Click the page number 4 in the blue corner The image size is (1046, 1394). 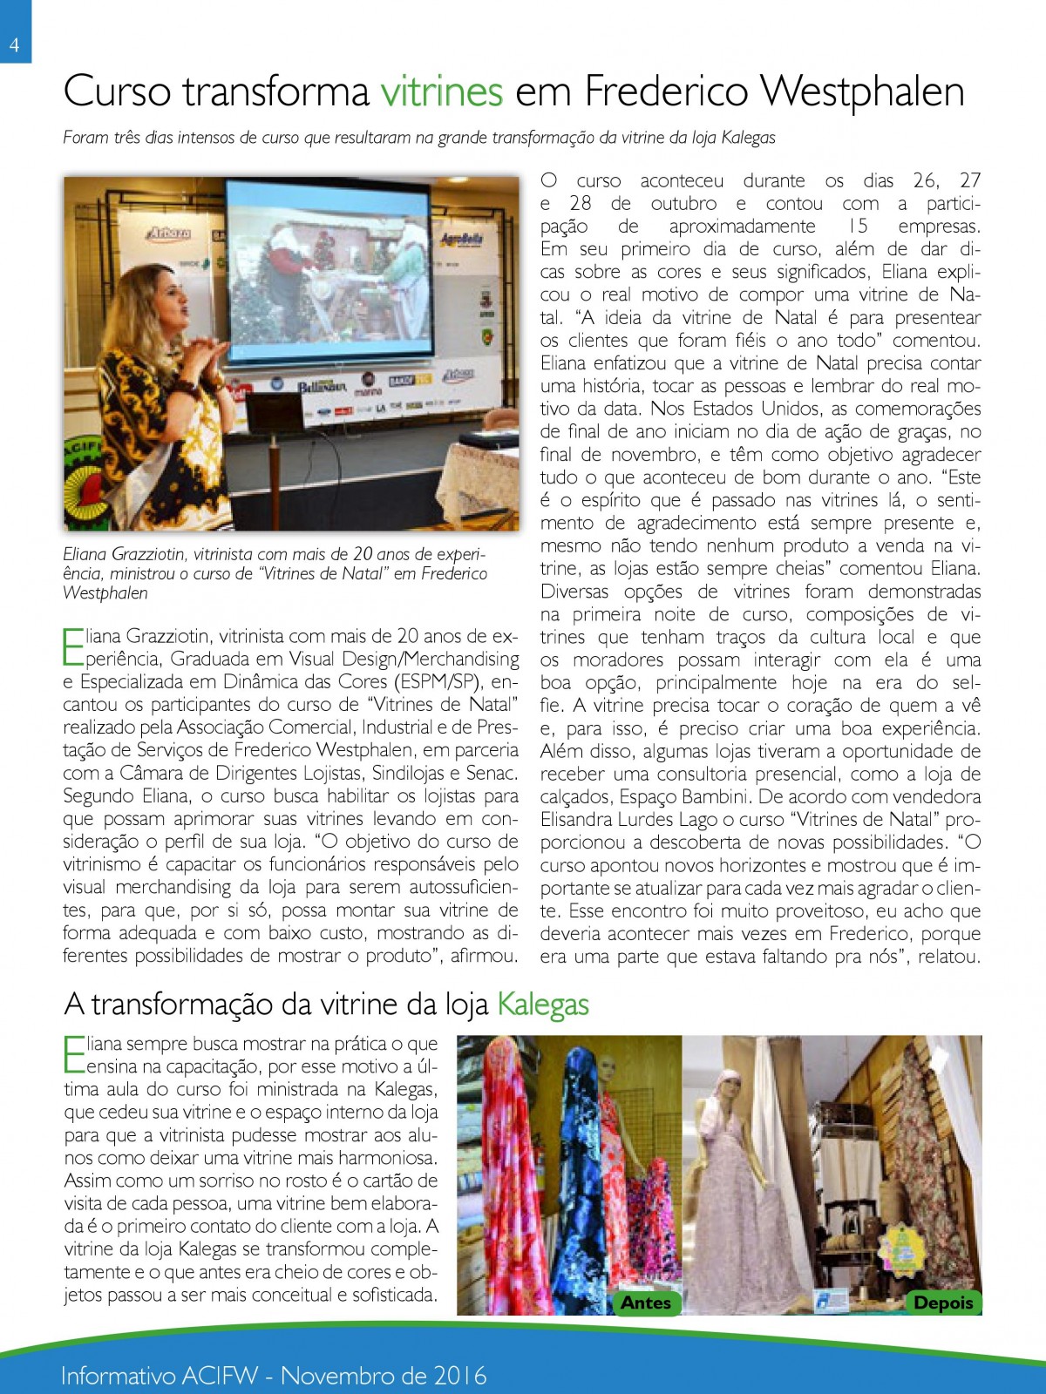14,44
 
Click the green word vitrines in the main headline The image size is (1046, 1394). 441,91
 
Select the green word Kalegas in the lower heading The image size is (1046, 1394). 542,1005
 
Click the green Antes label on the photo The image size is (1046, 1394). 645,1303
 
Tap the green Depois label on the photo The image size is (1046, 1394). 942,1303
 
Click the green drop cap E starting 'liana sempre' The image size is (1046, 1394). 74,1054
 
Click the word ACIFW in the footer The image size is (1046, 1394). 221,1376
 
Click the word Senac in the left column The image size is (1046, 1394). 490,773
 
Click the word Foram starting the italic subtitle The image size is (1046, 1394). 85,138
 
